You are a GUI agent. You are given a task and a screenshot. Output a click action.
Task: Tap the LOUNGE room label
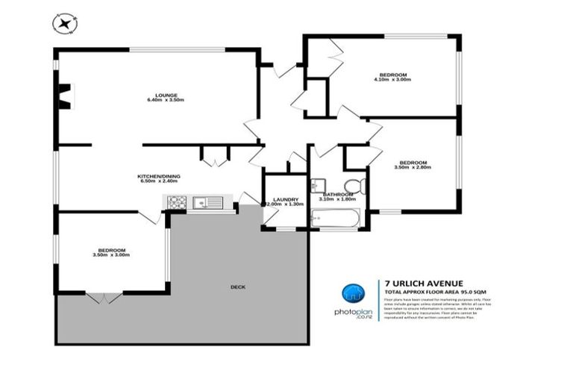(x=166, y=95)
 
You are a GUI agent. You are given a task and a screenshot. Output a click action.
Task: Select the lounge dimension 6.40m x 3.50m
(x=166, y=100)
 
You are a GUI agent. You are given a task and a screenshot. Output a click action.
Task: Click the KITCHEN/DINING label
(x=159, y=175)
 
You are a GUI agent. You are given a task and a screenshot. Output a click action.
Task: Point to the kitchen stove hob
(x=176, y=201)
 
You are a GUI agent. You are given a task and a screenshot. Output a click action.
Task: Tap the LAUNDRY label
(x=286, y=199)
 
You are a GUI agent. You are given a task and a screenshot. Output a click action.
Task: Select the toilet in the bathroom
(x=354, y=186)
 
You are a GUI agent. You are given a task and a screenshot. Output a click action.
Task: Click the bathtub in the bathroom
(x=336, y=219)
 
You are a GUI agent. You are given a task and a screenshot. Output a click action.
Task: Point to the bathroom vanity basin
(x=317, y=184)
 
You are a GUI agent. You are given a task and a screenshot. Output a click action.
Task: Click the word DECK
(x=238, y=287)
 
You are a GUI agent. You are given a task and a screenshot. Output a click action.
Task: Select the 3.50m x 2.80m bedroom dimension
(x=413, y=168)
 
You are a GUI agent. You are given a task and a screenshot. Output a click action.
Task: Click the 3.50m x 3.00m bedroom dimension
(x=111, y=255)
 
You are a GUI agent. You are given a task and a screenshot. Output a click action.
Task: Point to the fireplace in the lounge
(x=64, y=95)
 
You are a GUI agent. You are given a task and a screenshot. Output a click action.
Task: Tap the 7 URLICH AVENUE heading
(x=423, y=283)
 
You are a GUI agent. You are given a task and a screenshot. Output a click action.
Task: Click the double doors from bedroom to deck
(x=103, y=297)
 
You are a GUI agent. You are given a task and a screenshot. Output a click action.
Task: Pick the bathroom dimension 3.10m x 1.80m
(x=338, y=199)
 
